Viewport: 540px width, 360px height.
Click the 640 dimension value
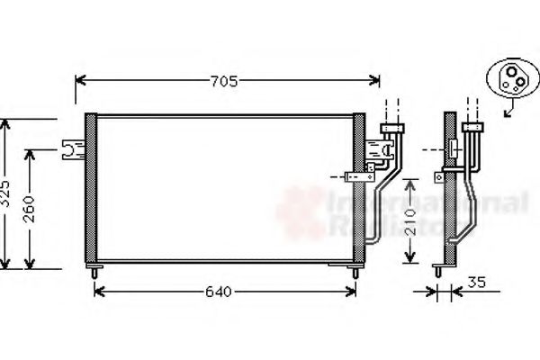(x=218, y=292)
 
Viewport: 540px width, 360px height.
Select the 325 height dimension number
(x=5, y=193)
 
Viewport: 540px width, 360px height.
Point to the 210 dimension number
(x=409, y=221)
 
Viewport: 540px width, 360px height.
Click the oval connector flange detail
(x=511, y=79)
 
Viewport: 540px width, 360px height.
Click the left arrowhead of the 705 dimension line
(x=78, y=82)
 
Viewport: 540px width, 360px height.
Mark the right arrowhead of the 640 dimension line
(x=355, y=292)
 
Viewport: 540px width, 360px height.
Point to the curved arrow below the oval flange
(x=510, y=110)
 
